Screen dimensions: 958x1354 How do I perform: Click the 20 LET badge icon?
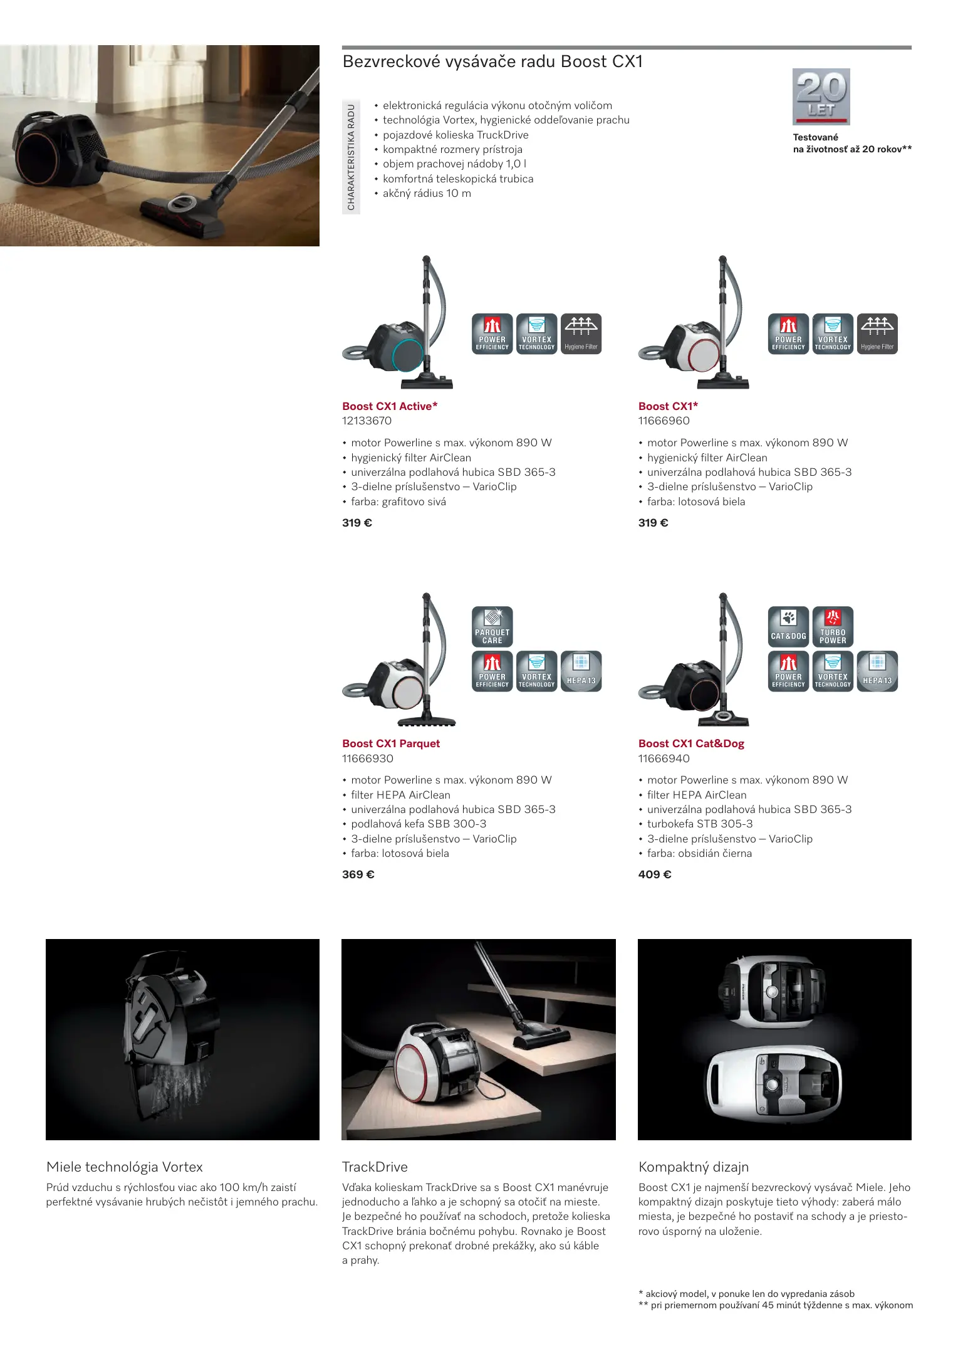(821, 97)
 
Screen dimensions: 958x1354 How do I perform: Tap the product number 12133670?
(367, 421)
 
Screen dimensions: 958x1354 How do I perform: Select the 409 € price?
(655, 874)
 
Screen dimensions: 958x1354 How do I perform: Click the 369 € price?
(358, 874)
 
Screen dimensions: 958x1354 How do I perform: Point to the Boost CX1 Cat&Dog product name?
(691, 743)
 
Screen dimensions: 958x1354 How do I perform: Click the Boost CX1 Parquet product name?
(391, 743)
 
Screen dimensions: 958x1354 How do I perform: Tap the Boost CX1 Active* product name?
(390, 406)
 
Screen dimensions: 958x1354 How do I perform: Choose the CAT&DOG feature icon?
(788, 627)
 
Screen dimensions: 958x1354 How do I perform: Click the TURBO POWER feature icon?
(833, 627)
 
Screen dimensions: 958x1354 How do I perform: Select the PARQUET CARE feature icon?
(492, 627)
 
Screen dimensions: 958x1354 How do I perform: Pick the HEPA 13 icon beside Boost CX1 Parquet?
(581, 671)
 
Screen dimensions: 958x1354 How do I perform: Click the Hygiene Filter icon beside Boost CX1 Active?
(581, 334)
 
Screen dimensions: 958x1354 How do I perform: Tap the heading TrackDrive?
(375, 1167)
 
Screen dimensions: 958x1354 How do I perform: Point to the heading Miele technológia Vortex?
(125, 1167)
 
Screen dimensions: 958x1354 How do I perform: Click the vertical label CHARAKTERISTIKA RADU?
(351, 157)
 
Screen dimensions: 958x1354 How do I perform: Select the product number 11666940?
(664, 758)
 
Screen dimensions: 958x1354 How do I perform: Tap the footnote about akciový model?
(746, 1294)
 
